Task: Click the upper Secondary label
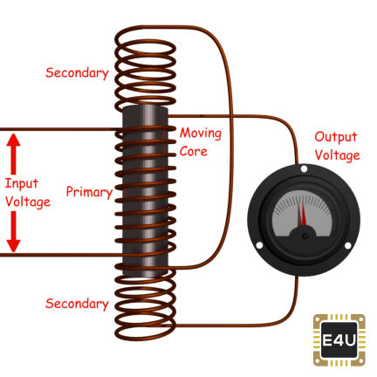[x=77, y=72]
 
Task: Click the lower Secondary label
[x=77, y=304]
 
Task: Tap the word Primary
[x=89, y=192]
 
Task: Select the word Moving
[x=201, y=134]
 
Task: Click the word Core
[x=194, y=151]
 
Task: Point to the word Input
[x=22, y=184]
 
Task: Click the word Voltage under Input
[x=28, y=202]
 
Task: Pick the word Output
[x=336, y=137]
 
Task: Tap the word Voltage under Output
[x=338, y=155]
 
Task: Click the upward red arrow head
[x=13, y=140]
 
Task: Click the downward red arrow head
[x=13, y=245]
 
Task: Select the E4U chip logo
[x=339, y=339]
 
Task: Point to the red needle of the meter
[x=304, y=211]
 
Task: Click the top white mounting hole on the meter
[x=304, y=168]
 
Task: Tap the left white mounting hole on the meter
[x=259, y=245]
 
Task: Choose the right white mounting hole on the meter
[x=347, y=246]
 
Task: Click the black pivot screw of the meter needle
[x=305, y=236]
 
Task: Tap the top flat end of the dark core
[x=145, y=108]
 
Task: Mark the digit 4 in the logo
[x=339, y=339]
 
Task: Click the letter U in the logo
[x=351, y=339]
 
